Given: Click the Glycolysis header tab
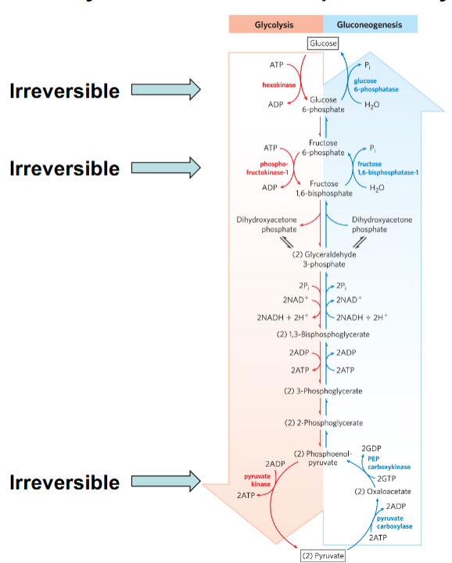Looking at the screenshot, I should pyautogui.click(x=274, y=25).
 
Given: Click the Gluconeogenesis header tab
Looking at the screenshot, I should pyautogui.click(x=369, y=25).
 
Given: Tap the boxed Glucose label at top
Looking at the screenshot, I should pyautogui.click(x=323, y=44).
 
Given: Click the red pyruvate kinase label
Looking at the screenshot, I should pyautogui.click(x=256, y=479).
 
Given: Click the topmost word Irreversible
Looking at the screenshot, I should pyautogui.click(x=64, y=91).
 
